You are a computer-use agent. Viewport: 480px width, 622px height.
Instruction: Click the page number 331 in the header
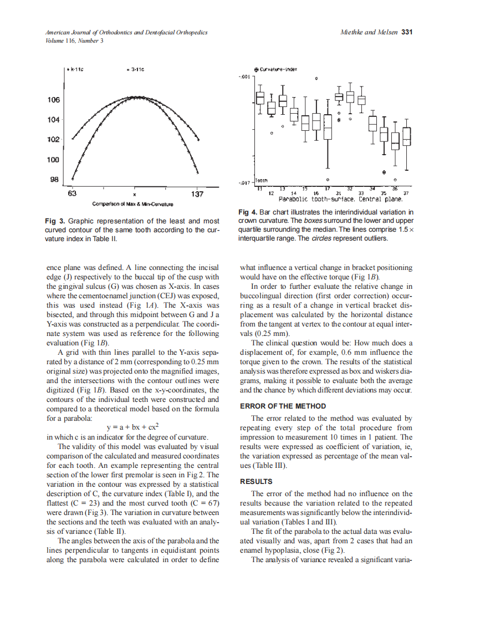(x=407, y=32)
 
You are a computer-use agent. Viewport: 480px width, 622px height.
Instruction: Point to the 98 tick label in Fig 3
(x=54, y=180)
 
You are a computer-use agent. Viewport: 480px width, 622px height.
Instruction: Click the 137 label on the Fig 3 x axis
(x=197, y=194)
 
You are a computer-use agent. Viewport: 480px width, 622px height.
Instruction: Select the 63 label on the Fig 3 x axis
(x=72, y=194)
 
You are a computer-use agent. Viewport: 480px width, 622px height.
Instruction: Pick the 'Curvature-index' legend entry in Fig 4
(x=276, y=69)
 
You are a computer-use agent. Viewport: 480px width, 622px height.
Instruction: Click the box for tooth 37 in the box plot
(x=407, y=136)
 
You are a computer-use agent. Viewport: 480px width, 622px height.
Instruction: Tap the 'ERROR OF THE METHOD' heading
(x=283, y=406)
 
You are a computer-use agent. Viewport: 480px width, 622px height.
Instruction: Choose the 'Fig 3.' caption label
(x=55, y=221)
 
